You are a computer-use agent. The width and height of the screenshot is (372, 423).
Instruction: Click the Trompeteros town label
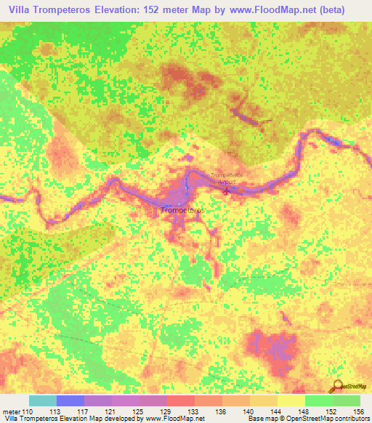182,210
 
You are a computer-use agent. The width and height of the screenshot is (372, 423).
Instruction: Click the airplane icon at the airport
226,191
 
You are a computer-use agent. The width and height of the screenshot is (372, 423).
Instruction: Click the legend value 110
28,411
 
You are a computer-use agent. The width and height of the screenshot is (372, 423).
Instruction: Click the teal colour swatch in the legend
42,400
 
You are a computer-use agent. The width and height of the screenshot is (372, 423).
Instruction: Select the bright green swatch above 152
318,400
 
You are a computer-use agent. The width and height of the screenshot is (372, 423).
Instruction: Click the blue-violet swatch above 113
70,400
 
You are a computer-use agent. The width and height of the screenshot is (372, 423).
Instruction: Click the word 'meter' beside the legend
11,411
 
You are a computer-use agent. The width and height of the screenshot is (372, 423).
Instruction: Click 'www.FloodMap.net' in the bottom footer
174,419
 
